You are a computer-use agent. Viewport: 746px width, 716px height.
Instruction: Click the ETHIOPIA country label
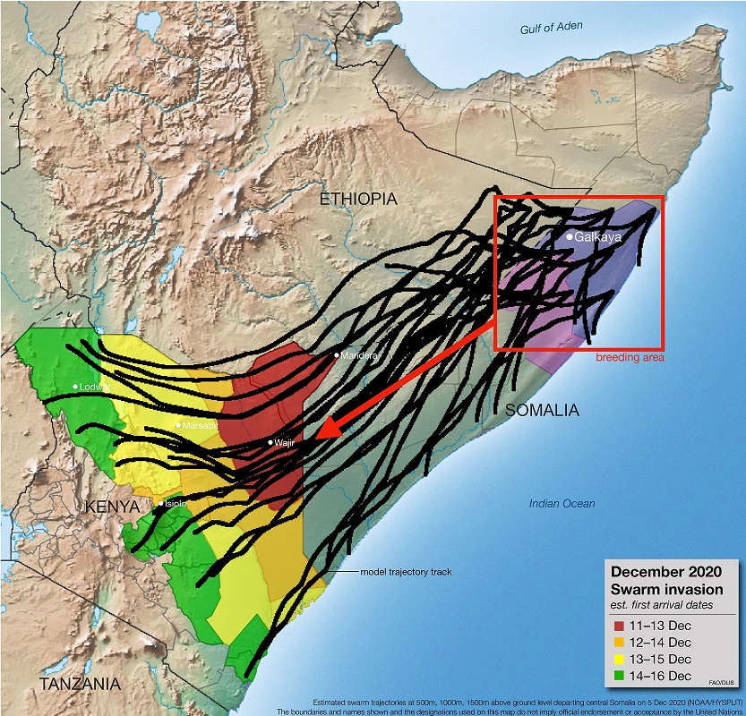click(357, 200)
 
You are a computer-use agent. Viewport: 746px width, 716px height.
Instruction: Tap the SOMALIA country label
click(542, 411)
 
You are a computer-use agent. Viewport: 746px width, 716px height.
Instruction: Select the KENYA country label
click(113, 507)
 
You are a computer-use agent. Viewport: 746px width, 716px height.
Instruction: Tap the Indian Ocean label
click(562, 504)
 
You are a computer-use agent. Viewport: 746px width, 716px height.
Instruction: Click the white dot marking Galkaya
click(569, 236)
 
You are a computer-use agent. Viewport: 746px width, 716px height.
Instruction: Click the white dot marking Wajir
click(270, 443)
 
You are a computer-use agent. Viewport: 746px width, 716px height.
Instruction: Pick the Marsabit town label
click(201, 426)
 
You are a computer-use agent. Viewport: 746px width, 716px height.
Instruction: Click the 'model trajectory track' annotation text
click(407, 572)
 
